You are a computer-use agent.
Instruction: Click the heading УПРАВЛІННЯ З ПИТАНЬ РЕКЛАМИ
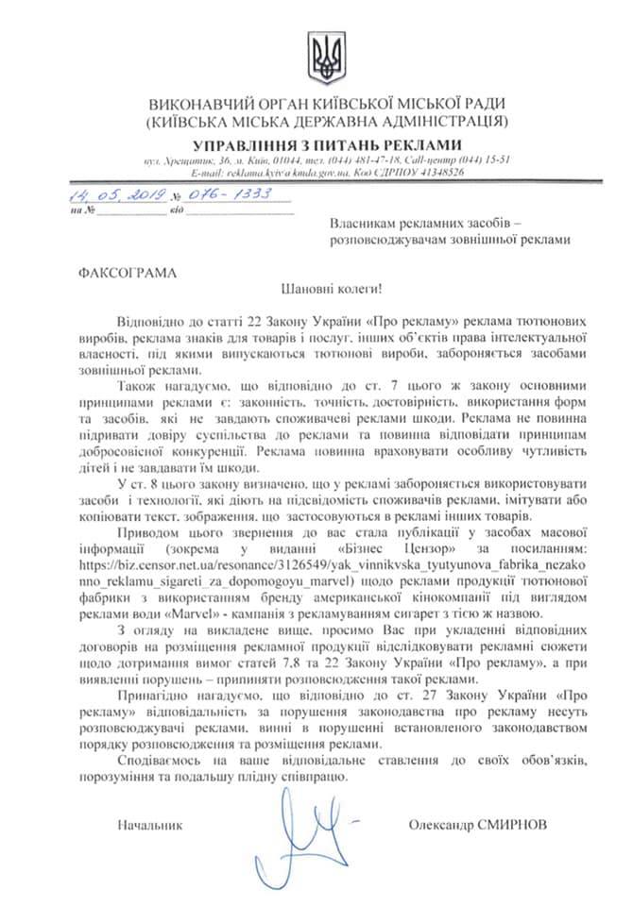[326, 144]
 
